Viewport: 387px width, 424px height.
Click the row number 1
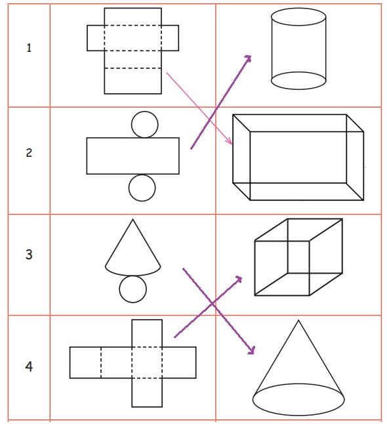click(x=29, y=48)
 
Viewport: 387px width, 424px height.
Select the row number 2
click(x=29, y=153)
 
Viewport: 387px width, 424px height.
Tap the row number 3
click(x=29, y=255)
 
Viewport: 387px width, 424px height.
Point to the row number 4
click(x=29, y=367)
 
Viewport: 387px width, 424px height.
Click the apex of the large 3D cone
click(x=298, y=320)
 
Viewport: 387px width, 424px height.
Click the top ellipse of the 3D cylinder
click(x=298, y=9)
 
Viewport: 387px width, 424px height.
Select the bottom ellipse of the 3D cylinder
click(x=298, y=89)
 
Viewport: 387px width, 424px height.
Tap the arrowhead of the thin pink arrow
click(x=230, y=142)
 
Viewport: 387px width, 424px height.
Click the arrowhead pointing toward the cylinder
click(x=248, y=58)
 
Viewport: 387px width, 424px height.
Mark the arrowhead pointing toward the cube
click(x=238, y=280)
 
